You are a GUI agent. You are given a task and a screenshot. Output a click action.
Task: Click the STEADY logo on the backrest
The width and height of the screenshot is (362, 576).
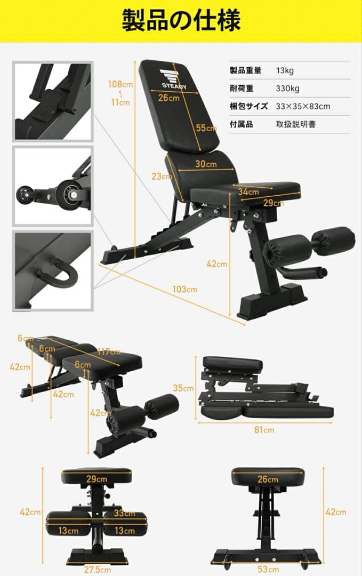click(x=174, y=79)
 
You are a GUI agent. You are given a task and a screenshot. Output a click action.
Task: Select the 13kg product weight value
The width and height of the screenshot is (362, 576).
click(x=285, y=70)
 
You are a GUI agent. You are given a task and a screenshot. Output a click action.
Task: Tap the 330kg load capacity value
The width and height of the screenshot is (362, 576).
click(x=287, y=89)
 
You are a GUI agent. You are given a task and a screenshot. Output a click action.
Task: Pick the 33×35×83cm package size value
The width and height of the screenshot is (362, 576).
click(x=303, y=107)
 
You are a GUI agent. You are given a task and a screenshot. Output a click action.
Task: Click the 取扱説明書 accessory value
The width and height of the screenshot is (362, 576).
click(x=295, y=124)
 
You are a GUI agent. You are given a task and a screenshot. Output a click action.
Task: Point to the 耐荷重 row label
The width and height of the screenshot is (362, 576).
click(x=242, y=89)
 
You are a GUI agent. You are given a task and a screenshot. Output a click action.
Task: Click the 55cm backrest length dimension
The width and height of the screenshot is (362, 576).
click(x=206, y=128)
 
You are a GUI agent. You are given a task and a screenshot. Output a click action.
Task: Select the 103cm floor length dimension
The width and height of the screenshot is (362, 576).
click(x=184, y=289)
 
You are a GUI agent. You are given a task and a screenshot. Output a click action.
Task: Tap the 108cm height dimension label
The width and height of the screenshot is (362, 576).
click(x=120, y=84)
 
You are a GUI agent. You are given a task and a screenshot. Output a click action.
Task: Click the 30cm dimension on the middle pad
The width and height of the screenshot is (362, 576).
click(x=206, y=164)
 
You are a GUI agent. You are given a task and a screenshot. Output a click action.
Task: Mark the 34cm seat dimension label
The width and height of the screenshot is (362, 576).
click(x=248, y=191)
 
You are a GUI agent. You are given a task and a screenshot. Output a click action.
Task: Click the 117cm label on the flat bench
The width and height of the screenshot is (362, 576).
click(x=109, y=351)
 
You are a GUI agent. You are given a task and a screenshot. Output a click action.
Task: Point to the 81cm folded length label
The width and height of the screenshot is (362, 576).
click(x=264, y=429)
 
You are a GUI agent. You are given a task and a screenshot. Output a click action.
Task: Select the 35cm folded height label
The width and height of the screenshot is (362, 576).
click(x=183, y=388)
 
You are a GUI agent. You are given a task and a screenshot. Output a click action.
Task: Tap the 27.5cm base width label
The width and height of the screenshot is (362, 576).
click(x=97, y=570)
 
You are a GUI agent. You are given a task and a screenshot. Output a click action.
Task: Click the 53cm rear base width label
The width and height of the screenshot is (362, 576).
click(x=268, y=570)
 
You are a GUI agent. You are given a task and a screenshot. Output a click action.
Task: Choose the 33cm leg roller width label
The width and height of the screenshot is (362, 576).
click(x=124, y=513)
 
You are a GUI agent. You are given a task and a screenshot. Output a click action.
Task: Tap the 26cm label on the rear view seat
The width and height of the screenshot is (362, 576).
click(x=268, y=479)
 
